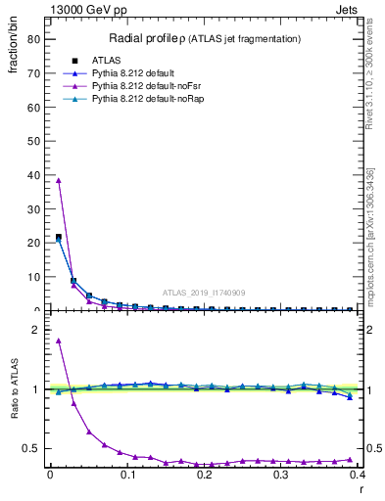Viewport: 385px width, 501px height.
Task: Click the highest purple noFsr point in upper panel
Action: pyautogui.click(x=59, y=179)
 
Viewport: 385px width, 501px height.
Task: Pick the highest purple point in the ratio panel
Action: pyautogui.click(x=59, y=341)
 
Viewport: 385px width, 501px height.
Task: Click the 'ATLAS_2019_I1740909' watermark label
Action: pyautogui.click(x=203, y=293)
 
